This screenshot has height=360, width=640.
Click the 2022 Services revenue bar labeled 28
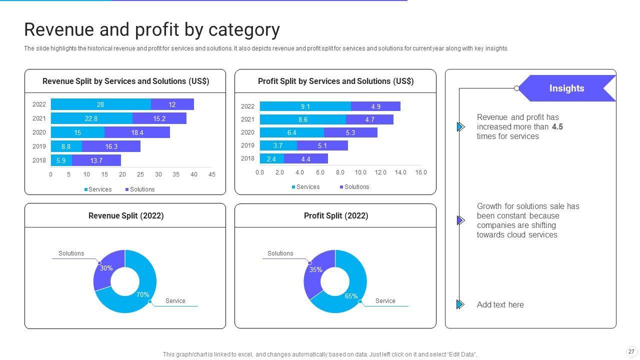[x=100, y=104]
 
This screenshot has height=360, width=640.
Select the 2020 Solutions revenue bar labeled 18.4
[x=137, y=132]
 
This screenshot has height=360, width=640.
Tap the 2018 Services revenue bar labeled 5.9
[x=61, y=160]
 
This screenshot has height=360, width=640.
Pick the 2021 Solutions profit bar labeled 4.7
[x=369, y=119]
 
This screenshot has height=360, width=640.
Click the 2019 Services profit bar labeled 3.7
[x=278, y=145]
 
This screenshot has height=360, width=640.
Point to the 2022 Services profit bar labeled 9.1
[x=305, y=106]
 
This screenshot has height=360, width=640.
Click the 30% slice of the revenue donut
[x=106, y=270]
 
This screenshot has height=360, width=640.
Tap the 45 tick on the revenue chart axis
[x=212, y=174]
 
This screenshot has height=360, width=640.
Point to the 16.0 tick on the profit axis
[x=421, y=172]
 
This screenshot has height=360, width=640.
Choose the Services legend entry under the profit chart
[x=305, y=187]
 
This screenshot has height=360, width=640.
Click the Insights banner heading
[x=566, y=88]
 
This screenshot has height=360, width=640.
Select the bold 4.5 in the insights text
[x=557, y=127]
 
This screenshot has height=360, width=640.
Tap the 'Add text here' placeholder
[x=500, y=304]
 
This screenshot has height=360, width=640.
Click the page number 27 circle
[x=631, y=351]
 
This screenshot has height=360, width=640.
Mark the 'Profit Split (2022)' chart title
[x=336, y=216]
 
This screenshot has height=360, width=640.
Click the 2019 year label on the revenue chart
[x=39, y=146]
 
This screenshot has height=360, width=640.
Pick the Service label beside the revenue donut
[x=175, y=301]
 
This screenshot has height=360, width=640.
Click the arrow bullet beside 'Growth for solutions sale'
[x=460, y=220]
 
